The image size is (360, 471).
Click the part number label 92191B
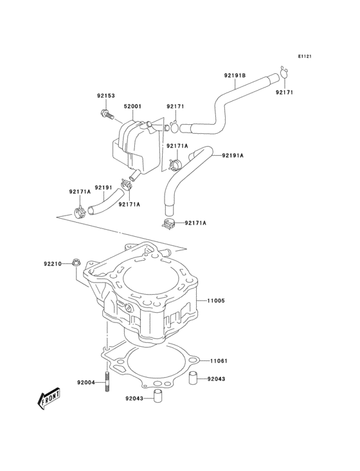235,76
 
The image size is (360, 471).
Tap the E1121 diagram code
304,57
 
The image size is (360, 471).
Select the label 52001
132,106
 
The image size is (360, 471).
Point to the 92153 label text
106,96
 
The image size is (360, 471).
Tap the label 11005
216,300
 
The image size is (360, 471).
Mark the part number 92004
86,383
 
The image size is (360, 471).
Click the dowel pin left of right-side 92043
192,379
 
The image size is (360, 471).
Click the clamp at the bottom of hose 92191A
168,224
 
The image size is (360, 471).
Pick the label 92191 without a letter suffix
104,188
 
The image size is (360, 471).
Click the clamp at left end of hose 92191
80,210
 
